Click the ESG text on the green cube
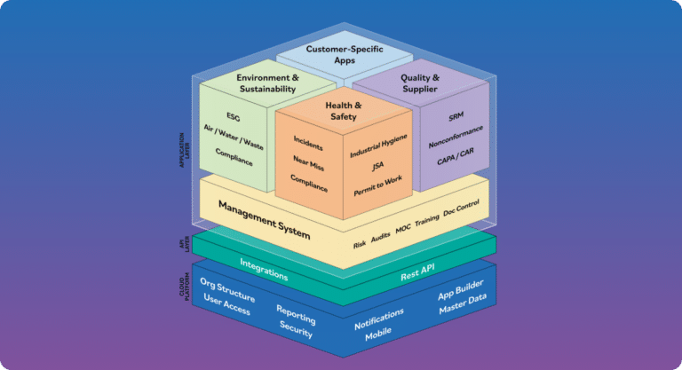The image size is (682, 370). click(233, 116)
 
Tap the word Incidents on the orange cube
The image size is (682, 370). click(307, 146)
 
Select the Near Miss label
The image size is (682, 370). click(307, 166)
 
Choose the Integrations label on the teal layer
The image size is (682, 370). click(264, 268)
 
